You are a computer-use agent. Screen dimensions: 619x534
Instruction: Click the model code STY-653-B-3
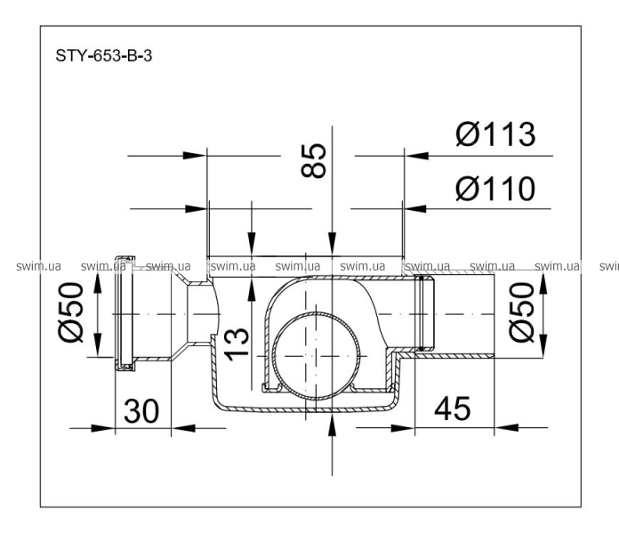(x=103, y=56)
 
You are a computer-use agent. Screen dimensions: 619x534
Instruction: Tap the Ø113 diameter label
(x=496, y=134)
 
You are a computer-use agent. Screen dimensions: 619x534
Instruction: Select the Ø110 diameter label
(x=496, y=189)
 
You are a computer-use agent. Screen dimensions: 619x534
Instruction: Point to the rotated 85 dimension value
(x=314, y=160)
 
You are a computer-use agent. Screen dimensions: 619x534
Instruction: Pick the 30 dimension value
(x=141, y=411)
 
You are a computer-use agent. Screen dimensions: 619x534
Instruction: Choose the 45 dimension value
(x=453, y=409)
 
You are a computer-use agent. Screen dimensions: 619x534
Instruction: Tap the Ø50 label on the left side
(x=71, y=312)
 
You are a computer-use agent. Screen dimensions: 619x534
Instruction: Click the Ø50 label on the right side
(x=521, y=311)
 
